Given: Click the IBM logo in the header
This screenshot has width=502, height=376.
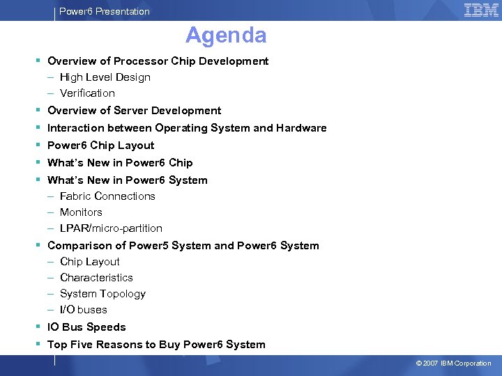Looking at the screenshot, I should [481, 10].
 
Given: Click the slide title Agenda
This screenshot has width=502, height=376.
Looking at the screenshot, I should [226, 35].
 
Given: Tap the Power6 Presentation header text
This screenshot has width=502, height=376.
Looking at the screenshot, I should [105, 11].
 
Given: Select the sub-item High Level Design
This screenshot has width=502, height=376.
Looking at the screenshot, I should [105, 77].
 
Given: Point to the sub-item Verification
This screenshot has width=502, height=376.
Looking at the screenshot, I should [87, 93].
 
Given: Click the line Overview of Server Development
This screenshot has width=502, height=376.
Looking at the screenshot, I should [134, 111].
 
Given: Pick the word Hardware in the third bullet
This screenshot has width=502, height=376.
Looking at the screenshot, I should [301, 128].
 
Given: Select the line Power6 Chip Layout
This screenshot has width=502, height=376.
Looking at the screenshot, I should [100, 146].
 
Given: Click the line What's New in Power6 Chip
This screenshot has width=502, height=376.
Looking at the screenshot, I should [120, 163].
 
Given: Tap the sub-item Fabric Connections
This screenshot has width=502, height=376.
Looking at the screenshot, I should [107, 196].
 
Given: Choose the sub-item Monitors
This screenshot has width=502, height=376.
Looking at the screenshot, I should [81, 212].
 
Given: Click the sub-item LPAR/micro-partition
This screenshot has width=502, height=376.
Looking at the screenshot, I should [111, 228].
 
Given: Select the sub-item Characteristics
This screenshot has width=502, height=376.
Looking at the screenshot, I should [96, 278].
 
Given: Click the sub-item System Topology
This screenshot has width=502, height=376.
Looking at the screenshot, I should [102, 294].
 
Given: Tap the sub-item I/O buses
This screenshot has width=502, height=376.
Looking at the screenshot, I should [84, 310].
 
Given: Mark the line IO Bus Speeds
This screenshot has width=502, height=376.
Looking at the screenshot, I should [86, 327].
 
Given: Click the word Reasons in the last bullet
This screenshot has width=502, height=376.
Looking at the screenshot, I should [121, 345].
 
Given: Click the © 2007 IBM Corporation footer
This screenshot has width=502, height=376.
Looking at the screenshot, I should [453, 363].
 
